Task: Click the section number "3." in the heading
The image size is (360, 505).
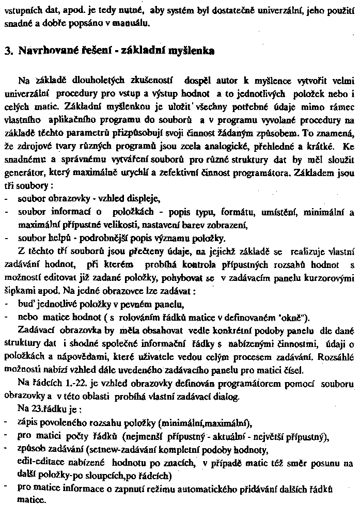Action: (x=8, y=51)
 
